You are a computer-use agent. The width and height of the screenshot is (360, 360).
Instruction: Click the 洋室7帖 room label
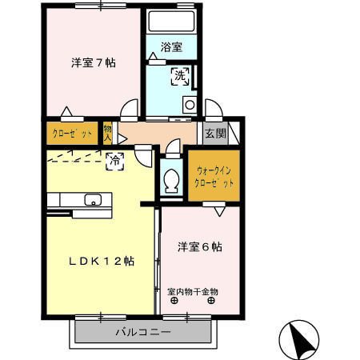pyautogui.click(x=93, y=62)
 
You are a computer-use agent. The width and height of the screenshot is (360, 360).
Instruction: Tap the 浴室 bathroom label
pyautogui.click(x=172, y=47)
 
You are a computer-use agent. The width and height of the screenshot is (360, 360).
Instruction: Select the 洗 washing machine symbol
pyautogui.click(x=181, y=78)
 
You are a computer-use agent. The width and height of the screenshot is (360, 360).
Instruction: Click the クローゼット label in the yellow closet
pyautogui.click(x=72, y=133)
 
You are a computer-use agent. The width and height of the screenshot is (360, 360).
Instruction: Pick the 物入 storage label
pyautogui.click(x=109, y=133)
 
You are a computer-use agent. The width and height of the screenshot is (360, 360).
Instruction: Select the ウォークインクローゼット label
pyautogui.click(x=214, y=175)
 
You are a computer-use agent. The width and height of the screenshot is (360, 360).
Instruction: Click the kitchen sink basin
pyautogui.click(x=92, y=200)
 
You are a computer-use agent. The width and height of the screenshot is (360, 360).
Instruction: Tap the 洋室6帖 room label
pyautogui.click(x=200, y=246)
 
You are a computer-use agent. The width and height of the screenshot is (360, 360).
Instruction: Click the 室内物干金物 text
pyautogui.click(x=193, y=291)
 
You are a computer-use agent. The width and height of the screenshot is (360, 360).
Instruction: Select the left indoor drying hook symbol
pyautogui.click(x=174, y=302)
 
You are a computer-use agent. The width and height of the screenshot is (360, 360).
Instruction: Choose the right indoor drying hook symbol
pyautogui.click(x=211, y=302)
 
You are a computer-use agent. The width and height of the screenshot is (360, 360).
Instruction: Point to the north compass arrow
pyautogui.click(x=303, y=341)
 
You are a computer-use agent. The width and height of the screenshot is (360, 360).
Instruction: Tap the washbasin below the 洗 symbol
pyautogui.click(x=190, y=103)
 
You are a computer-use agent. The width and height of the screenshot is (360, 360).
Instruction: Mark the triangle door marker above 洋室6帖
pyautogui.click(x=218, y=210)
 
